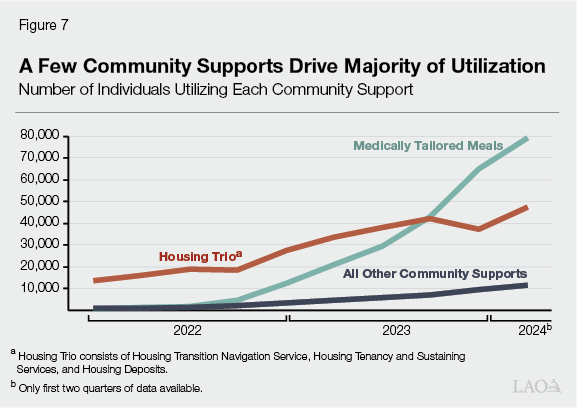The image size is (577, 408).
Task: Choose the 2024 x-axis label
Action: click(532, 329)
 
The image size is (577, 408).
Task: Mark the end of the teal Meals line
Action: click(527, 139)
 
